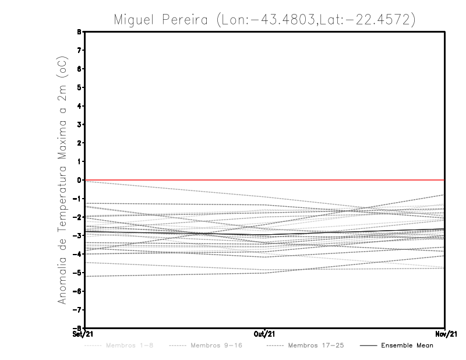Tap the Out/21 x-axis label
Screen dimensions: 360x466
pyautogui.click(x=265, y=333)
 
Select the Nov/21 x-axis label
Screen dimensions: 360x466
pyautogui.click(x=446, y=333)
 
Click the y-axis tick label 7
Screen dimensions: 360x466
pyautogui.click(x=79, y=50)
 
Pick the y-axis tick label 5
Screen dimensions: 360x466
pyautogui.click(x=79, y=87)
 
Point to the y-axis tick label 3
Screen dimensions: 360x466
pyautogui.click(x=79, y=124)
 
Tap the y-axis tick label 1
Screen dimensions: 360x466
pyautogui.click(x=79, y=161)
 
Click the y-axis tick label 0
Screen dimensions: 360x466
pyautogui.click(x=79, y=180)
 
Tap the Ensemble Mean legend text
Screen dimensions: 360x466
pyautogui.click(x=407, y=345)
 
